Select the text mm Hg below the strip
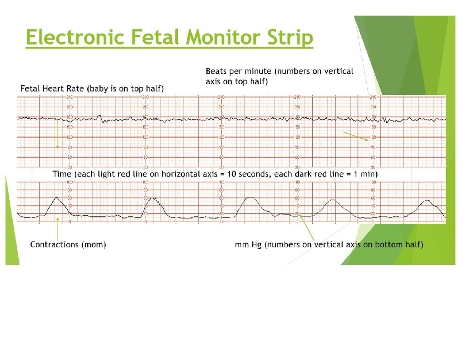coord(248,245)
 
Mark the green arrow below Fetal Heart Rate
coord(58,134)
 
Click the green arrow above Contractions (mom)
coord(58,229)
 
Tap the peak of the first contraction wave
coord(57,198)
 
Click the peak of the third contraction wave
coord(251,197)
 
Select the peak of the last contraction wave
coord(428,200)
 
